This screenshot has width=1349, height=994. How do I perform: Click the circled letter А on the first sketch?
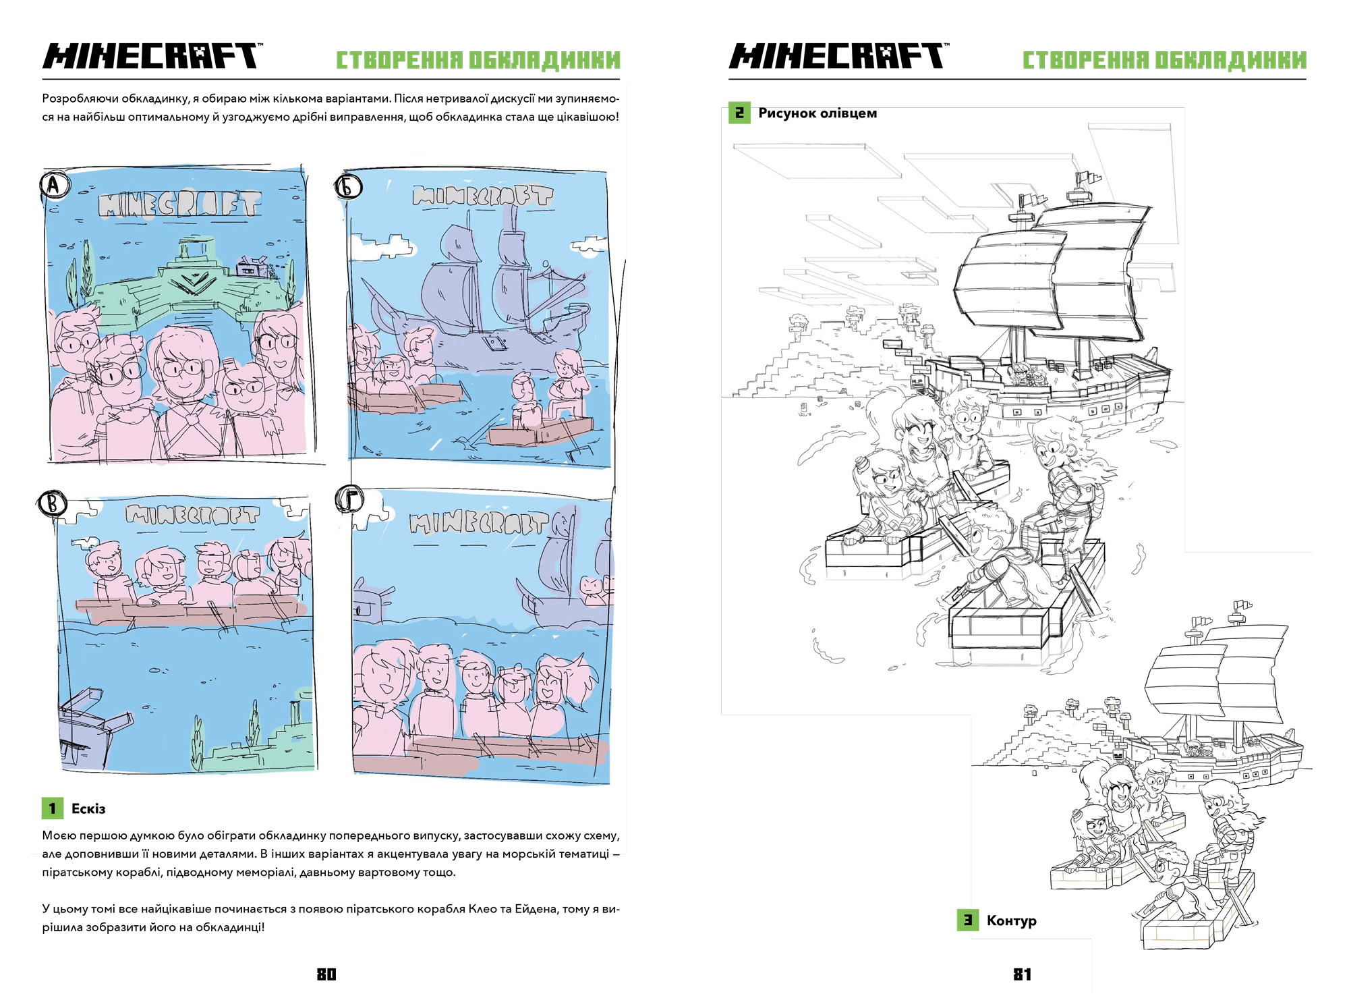pos(55,185)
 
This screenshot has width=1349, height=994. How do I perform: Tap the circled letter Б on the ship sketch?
pos(348,186)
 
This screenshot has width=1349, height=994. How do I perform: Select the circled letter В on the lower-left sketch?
pos(52,503)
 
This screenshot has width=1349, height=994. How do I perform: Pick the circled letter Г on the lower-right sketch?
pos(349,499)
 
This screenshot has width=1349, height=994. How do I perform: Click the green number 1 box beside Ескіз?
pos(52,808)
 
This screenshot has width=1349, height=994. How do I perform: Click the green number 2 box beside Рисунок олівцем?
pos(739,113)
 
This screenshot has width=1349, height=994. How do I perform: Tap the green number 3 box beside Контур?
pos(967,920)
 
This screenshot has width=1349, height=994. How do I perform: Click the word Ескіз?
pos(88,808)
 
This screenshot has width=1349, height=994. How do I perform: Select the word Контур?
pos(1011,920)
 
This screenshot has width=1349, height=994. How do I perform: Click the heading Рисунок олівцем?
pos(817,113)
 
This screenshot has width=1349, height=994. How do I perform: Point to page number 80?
pos(326,974)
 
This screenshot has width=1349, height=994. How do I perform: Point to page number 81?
pos(1023,974)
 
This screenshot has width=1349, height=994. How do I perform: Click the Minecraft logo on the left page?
pos(152,56)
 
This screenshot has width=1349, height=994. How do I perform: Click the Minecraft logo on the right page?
pos(838,56)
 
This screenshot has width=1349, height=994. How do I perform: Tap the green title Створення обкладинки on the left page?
pos(478,60)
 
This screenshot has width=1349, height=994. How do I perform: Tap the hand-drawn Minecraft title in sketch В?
pos(192,515)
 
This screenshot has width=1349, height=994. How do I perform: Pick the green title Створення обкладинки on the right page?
pos(1164,60)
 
